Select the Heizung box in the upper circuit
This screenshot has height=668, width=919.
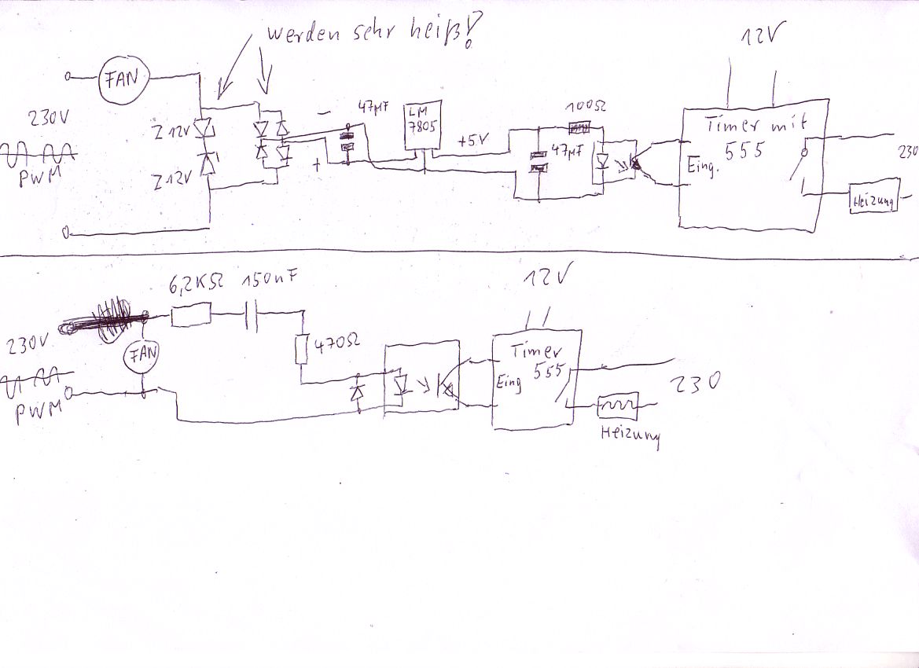[873, 200]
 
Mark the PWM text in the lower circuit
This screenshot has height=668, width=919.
[40, 412]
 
